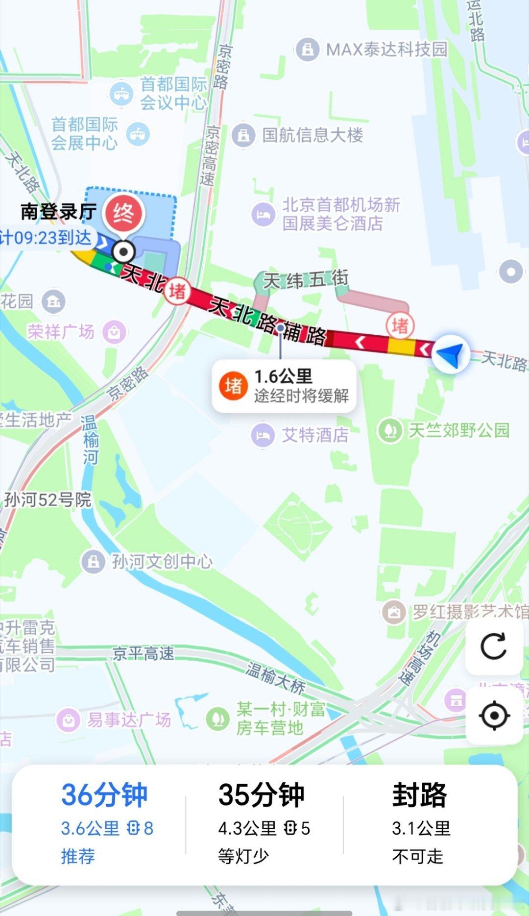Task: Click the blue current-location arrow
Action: [450, 353]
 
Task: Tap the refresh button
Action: [494, 646]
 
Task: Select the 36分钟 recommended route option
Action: [104, 823]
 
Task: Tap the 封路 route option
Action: [420, 823]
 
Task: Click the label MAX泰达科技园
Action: [386, 50]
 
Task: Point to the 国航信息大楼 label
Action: [312, 135]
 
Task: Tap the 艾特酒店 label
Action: [315, 435]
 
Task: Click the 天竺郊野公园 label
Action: [458, 430]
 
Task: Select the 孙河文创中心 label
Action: [162, 561]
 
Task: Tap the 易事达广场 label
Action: [129, 719]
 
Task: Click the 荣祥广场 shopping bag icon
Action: [114, 332]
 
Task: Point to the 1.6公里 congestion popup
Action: [284, 386]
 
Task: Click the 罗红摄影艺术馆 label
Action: [469, 612]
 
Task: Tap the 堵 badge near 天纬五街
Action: [400, 325]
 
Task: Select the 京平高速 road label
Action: [143, 653]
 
